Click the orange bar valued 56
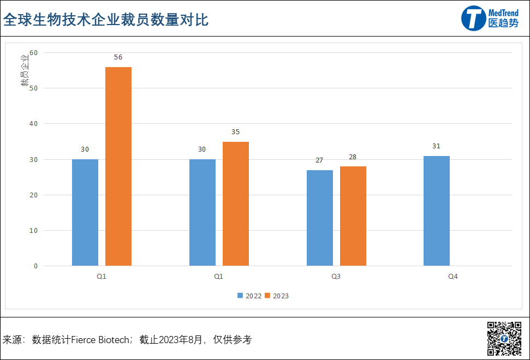tap(118, 166)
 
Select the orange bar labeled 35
tap(236, 203)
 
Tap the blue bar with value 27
tap(320, 218)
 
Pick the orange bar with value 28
tap(353, 216)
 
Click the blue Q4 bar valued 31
tap(437, 211)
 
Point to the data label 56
tap(118, 57)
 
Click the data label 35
tap(235, 132)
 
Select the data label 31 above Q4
tap(436, 146)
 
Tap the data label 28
tap(353, 157)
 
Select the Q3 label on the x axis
tap(336, 277)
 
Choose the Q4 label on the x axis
tap(453, 277)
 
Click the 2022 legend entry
tap(249, 296)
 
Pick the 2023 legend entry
tap(277, 296)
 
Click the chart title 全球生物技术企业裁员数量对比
tap(106, 20)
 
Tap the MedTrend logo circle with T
tap(473, 18)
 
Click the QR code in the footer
tap(504, 339)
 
